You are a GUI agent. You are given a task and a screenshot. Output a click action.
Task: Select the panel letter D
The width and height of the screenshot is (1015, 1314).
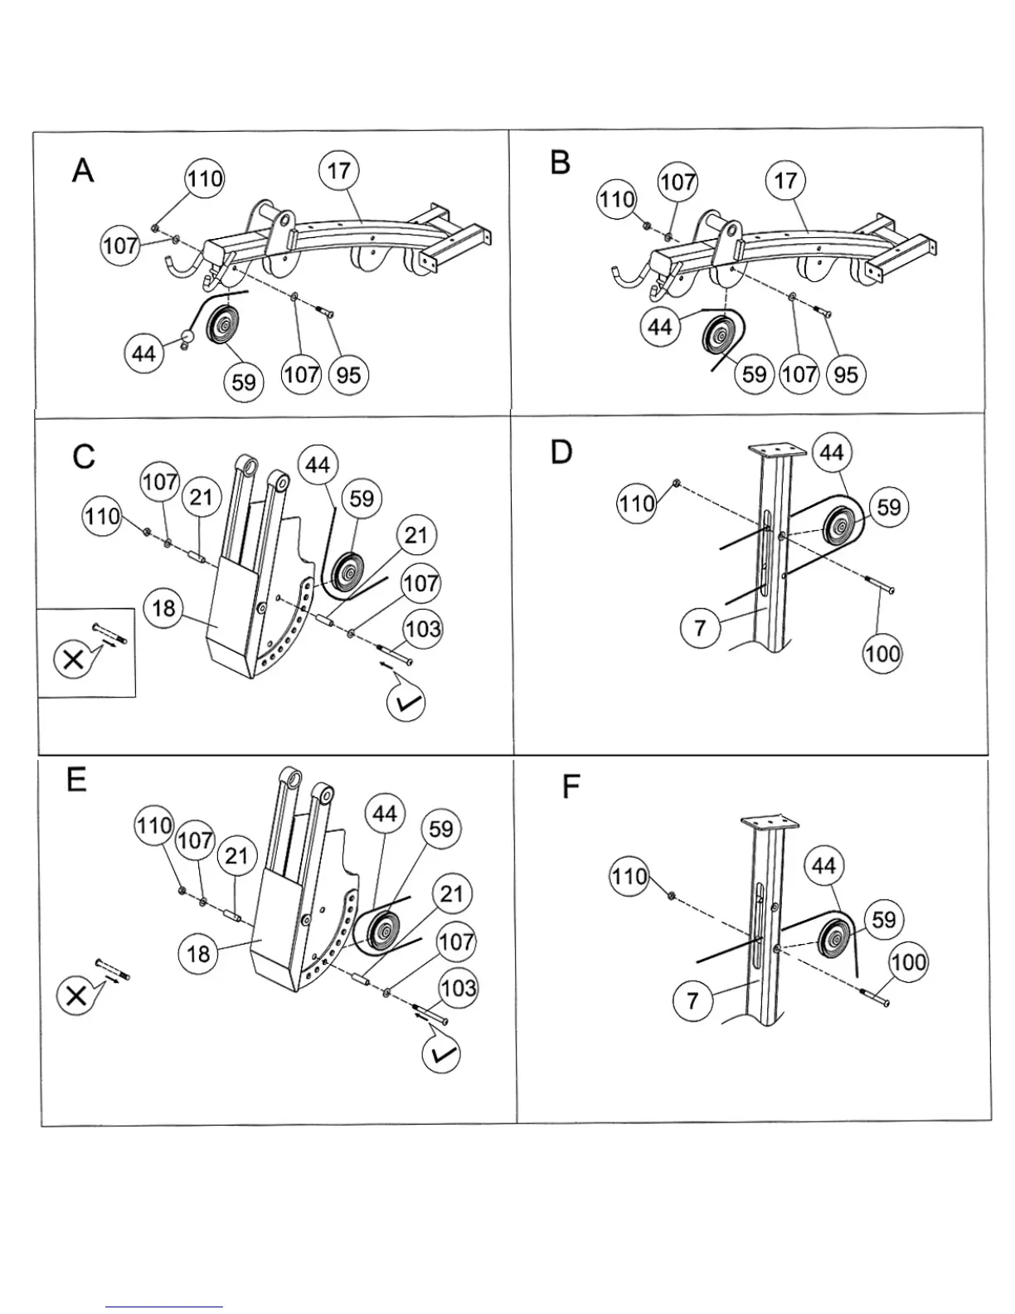[x=561, y=453]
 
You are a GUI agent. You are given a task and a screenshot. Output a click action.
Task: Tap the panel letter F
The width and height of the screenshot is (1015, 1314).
[x=571, y=786]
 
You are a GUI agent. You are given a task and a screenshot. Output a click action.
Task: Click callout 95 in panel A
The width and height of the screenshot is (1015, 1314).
[x=348, y=375]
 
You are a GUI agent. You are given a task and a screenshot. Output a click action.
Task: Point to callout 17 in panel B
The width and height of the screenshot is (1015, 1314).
[x=784, y=180]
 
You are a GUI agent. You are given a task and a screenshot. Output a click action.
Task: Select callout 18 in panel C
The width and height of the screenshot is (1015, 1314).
[x=163, y=608]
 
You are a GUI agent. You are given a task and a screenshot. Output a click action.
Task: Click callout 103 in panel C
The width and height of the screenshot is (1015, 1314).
[x=423, y=628]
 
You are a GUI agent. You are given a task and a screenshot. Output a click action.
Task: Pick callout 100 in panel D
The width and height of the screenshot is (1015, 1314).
[x=881, y=654]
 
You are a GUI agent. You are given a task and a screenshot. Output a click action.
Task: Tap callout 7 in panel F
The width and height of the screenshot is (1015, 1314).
[x=692, y=1001]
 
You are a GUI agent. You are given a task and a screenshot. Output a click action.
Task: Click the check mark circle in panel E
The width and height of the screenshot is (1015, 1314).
[x=441, y=1054]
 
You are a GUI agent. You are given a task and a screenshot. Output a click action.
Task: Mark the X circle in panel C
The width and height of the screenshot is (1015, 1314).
[x=73, y=659]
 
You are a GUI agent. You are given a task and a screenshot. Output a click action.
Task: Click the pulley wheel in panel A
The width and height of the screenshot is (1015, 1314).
[x=221, y=324]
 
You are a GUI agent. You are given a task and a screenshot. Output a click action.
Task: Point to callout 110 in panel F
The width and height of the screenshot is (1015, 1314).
[x=629, y=876]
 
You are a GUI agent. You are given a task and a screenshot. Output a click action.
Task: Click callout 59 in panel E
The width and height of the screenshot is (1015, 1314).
[x=441, y=828]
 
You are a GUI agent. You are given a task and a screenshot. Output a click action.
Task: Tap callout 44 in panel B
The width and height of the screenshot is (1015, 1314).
[x=659, y=327]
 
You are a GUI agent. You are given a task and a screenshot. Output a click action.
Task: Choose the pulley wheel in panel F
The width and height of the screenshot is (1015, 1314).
[x=835, y=941]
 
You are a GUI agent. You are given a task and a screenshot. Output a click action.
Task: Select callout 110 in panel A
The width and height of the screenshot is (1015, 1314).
[x=204, y=178]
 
